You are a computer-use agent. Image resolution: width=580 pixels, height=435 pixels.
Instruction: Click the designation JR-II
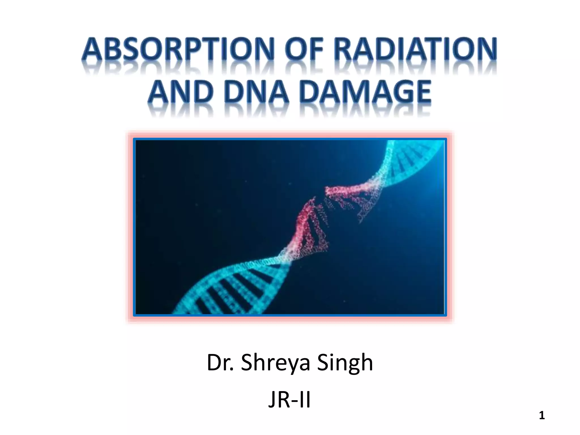click(x=289, y=400)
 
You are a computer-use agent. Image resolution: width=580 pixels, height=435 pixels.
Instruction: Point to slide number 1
click(x=542, y=415)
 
